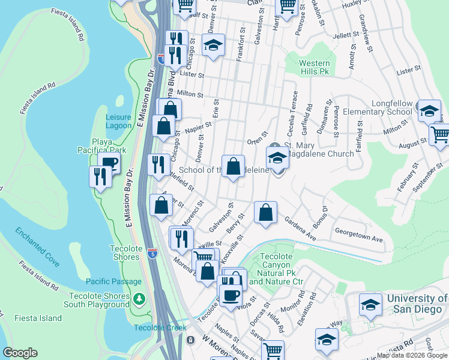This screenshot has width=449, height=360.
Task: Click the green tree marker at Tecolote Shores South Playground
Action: tap(139, 298)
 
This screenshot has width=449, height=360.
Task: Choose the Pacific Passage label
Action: tap(113, 281)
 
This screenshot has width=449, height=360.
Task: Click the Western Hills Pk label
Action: tap(315, 67)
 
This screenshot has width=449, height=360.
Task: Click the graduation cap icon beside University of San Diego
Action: tap(370, 304)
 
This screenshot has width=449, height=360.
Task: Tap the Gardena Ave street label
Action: tap(300, 229)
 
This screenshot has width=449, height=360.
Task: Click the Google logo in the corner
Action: tap(20, 353)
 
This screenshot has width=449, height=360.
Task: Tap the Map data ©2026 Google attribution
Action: tap(412, 355)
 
